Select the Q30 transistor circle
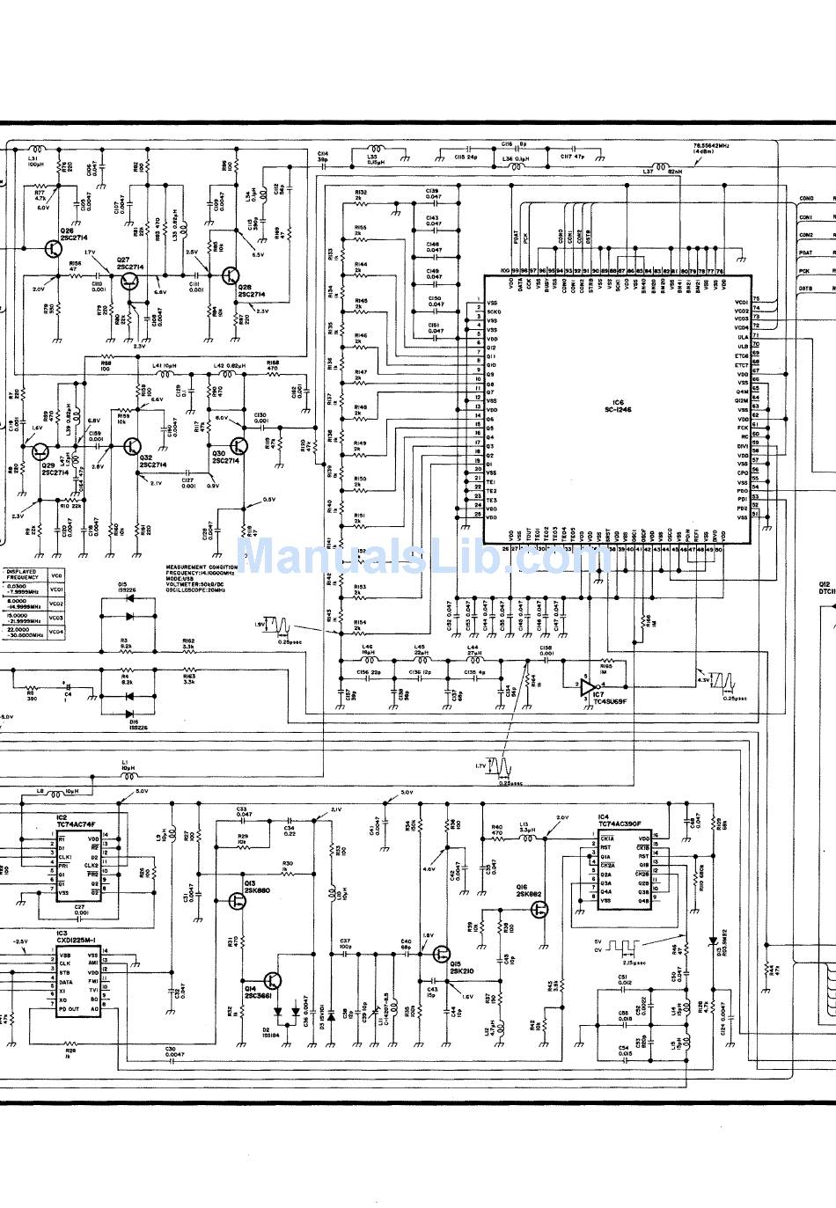[239, 446]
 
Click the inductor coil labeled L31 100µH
[36, 150]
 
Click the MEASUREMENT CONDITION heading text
[202, 567]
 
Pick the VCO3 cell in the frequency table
[56, 618]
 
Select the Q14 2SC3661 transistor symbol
[275, 981]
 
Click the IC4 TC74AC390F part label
[620, 821]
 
